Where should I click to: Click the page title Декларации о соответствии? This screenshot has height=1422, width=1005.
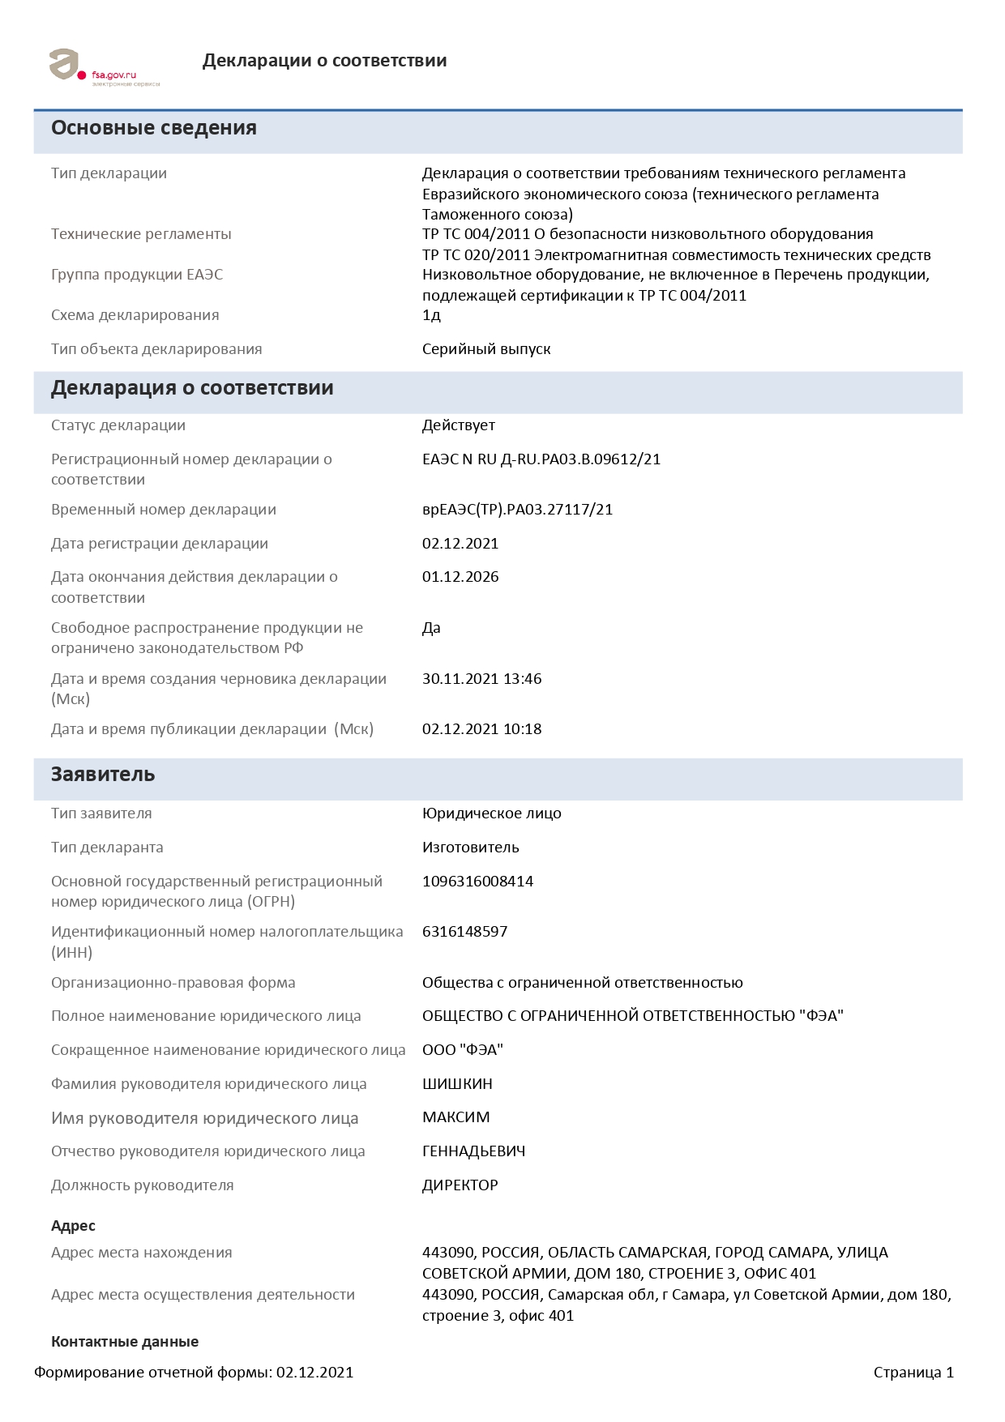click(324, 61)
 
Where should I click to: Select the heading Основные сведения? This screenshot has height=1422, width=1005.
click(154, 128)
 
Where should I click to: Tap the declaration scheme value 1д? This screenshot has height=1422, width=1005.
click(431, 315)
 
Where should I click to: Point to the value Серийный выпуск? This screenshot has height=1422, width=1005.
click(486, 349)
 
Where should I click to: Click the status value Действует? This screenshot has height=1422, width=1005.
click(458, 425)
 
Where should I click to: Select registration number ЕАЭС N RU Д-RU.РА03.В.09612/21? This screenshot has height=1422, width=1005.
click(541, 459)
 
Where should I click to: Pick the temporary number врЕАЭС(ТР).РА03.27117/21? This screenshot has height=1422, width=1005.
click(517, 510)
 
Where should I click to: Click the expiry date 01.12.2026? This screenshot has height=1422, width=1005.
click(460, 577)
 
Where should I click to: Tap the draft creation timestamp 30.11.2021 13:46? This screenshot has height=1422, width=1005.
click(481, 679)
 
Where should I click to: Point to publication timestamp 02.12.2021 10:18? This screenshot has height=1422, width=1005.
click(481, 729)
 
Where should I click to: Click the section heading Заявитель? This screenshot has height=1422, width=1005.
click(103, 775)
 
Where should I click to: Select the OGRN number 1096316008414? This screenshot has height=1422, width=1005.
click(477, 882)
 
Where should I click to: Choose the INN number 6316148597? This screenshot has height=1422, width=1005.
click(464, 932)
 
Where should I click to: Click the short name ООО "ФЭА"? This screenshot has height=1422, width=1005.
click(462, 1050)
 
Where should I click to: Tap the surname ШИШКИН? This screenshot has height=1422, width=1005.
click(457, 1084)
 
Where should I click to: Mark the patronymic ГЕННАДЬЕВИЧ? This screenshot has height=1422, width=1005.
click(473, 1151)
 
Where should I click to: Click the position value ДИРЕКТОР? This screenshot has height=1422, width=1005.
click(460, 1185)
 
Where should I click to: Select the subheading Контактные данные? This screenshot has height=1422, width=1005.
click(125, 1342)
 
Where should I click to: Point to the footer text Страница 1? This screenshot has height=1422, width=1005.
click(913, 1373)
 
